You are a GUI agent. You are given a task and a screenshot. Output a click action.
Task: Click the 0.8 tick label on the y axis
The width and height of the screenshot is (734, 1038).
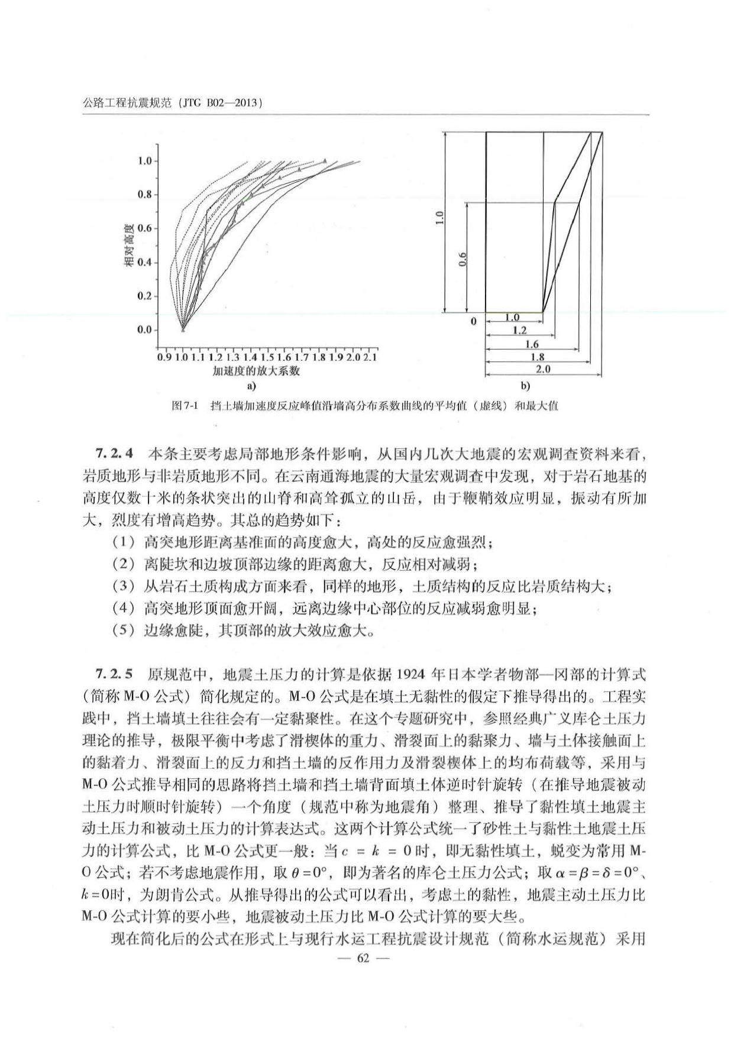click(144, 195)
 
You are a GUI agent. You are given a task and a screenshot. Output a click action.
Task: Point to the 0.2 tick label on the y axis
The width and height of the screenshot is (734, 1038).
click(144, 296)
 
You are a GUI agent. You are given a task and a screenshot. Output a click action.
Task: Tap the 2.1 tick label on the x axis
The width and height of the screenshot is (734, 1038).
click(370, 357)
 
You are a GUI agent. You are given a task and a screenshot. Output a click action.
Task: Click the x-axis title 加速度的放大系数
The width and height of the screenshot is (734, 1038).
click(256, 371)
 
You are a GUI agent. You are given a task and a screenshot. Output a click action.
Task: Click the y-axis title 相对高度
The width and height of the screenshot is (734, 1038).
click(128, 245)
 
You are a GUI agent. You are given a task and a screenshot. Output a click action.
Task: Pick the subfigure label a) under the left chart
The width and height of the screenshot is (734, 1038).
click(251, 386)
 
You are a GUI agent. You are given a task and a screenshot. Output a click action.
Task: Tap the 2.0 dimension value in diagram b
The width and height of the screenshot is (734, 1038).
click(542, 369)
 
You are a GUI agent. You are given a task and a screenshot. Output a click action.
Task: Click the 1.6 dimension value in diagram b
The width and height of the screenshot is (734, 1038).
click(532, 344)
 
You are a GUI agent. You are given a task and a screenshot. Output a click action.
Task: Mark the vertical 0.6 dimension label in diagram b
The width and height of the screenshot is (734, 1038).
click(463, 258)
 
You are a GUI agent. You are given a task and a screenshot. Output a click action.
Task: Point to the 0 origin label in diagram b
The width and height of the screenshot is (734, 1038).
click(473, 322)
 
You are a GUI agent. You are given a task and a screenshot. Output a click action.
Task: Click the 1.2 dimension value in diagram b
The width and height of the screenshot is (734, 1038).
click(519, 331)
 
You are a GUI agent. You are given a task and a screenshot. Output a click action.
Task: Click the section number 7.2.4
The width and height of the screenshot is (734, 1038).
click(114, 454)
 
